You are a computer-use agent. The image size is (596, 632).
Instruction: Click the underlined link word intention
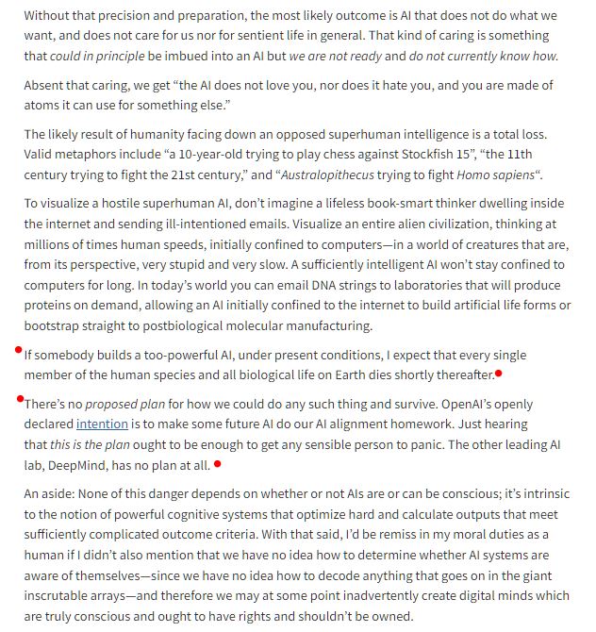[x=102, y=424]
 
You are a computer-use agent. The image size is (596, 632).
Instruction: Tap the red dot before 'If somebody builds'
[x=19, y=350]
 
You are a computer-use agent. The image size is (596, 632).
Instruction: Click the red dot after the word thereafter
[x=499, y=374]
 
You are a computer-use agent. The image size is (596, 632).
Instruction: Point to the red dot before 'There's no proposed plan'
[x=19, y=399]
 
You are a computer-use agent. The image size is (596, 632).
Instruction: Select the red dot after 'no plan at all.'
[x=218, y=463]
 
